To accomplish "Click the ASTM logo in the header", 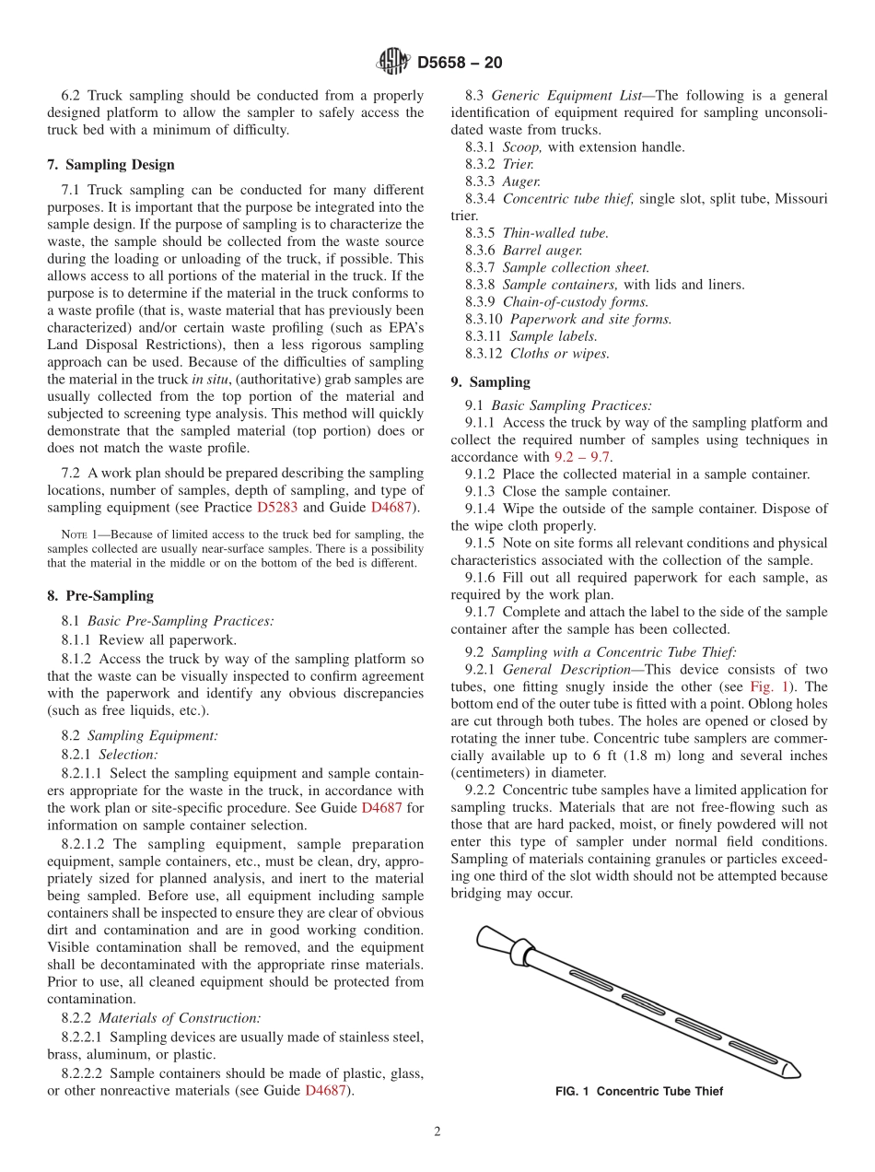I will pos(393,62).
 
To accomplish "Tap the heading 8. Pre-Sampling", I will pos(100,596).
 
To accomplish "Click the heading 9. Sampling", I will pos(490,382).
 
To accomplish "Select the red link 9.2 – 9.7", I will pos(582,457).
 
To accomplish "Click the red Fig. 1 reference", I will pos(766,687).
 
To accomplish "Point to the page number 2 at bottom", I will pos(437,1132).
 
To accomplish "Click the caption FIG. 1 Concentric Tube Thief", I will pos(639,1091).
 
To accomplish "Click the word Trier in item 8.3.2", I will pos(518,164).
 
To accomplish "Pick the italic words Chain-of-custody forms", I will pos(576,301).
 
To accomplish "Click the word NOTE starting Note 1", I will pos(73,534).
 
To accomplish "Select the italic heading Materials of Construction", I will pos(180,1018).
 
